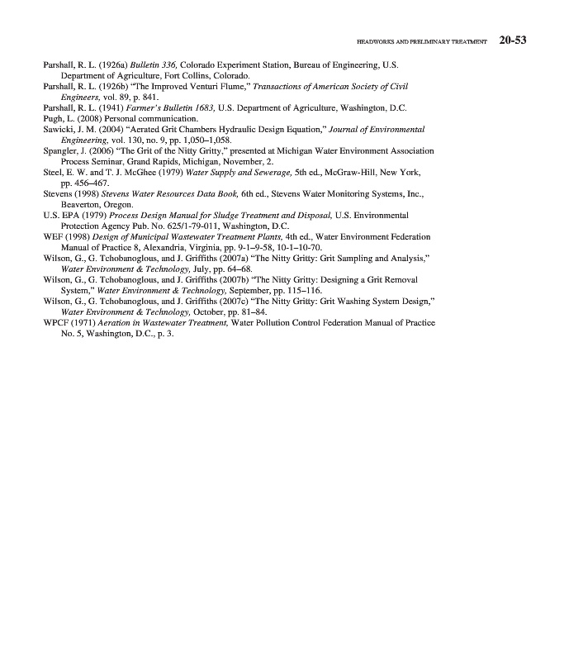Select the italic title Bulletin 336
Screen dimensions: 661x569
(151, 64)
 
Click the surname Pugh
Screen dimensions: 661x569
(52, 118)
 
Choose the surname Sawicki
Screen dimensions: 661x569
(58, 130)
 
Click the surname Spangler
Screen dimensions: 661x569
(60, 151)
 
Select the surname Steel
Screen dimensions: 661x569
(52, 173)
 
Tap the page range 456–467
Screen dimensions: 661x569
(85, 183)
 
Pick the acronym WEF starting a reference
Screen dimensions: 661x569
(53, 236)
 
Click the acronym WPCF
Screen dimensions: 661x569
(56, 323)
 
